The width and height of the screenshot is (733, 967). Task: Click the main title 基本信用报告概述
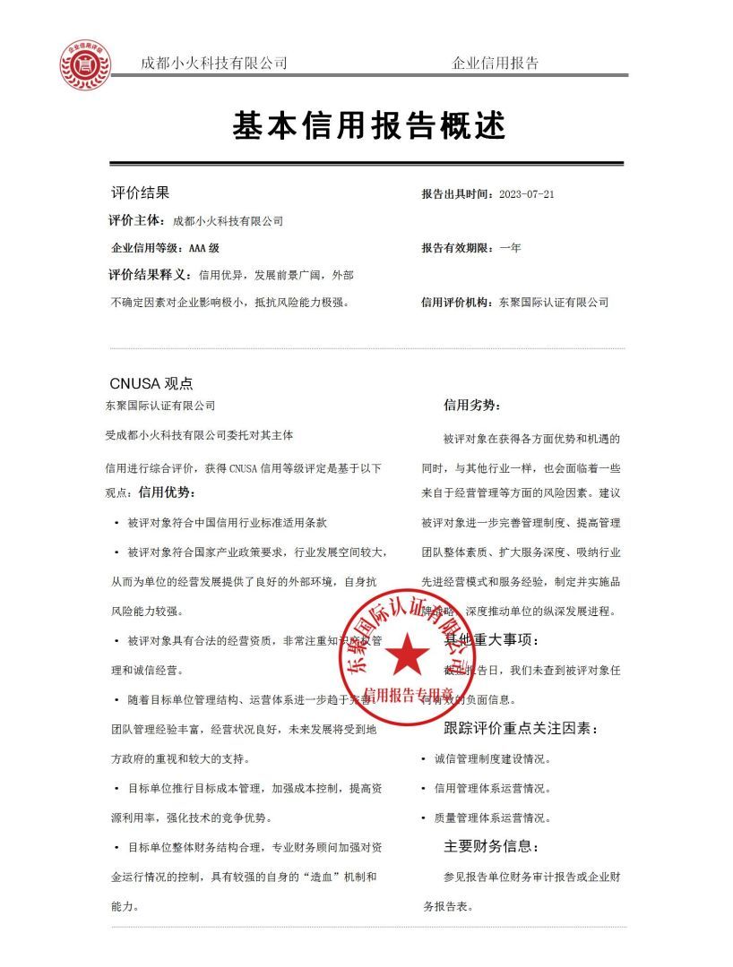369,126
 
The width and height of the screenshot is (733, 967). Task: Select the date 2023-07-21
527,194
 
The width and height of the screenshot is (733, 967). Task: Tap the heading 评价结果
139,193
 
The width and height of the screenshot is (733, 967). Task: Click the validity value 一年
510,248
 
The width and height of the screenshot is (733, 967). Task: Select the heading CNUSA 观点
151,383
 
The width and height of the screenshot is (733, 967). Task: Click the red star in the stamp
409,656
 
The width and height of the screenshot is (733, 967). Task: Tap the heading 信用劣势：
472,406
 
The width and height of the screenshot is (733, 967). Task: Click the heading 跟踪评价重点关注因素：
521,729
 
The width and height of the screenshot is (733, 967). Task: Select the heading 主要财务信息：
491,846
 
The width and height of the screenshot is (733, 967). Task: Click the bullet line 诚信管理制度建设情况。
492,759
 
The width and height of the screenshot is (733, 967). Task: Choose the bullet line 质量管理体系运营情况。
492,817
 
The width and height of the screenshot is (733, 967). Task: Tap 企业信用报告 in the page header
496,64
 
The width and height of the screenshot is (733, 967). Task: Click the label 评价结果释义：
151,274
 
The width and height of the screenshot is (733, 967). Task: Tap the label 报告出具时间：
458,194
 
